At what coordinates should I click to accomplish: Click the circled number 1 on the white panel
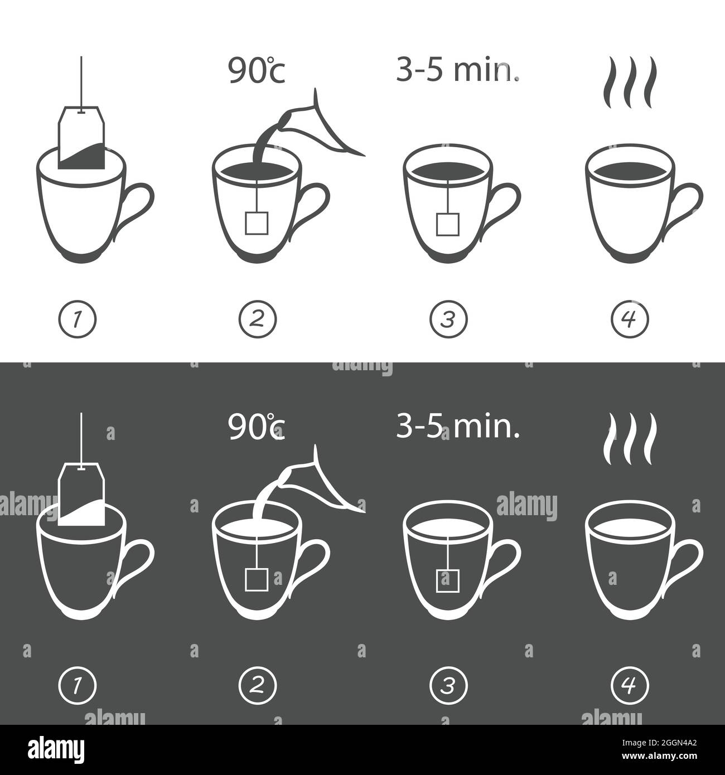point(78,319)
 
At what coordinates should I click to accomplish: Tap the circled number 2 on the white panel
point(258,319)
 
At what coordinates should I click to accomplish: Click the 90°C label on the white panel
point(257,70)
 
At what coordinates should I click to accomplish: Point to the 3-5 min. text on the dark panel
point(458,426)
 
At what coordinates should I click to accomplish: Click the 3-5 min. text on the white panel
point(458,70)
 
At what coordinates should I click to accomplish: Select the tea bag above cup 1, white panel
point(81,137)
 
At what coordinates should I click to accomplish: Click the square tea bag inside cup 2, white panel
point(257,223)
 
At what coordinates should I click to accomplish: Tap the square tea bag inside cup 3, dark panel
point(448,580)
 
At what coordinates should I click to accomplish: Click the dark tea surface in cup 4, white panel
point(630,171)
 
